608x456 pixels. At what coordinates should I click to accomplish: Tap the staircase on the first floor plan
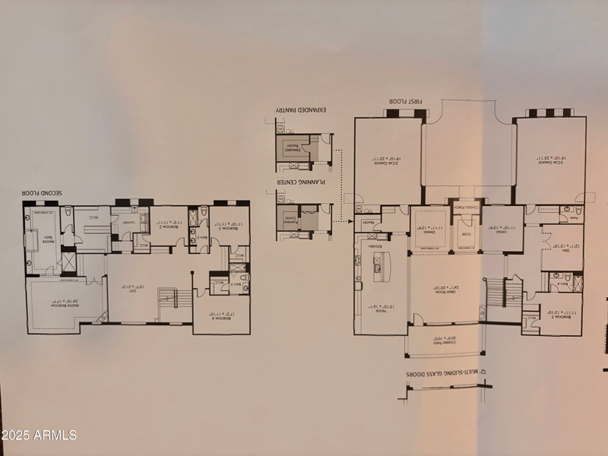pos(495,293)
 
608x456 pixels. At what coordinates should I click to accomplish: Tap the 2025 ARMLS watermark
pos(39,435)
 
